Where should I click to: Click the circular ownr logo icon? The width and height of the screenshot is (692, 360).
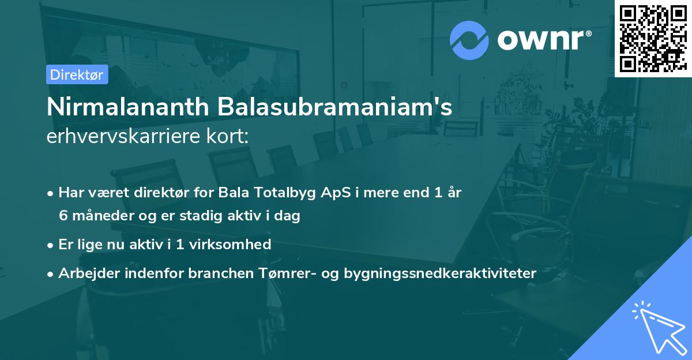point(469,41)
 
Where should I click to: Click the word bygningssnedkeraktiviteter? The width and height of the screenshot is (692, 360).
point(440,273)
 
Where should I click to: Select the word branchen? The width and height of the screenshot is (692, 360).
point(213,273)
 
